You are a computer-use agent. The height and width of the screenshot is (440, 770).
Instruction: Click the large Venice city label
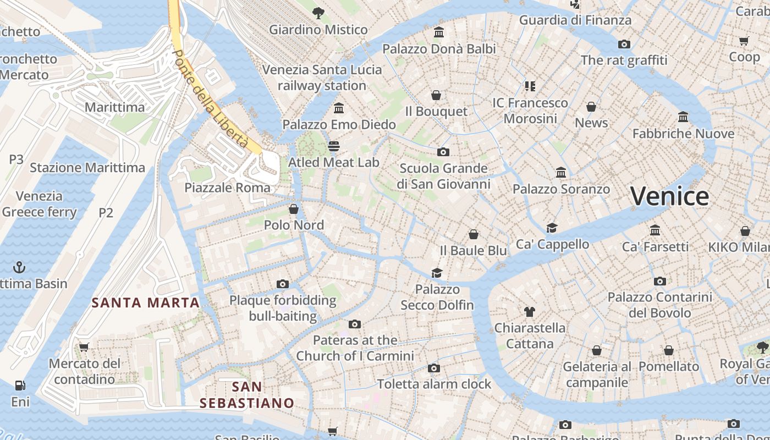click(669, 196)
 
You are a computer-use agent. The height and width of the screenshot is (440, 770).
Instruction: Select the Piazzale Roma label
click(227, 188)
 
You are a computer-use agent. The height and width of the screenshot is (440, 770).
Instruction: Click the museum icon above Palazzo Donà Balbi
click(439, 32)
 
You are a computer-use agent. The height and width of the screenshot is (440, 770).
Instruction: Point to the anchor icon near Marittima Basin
click(19, 267)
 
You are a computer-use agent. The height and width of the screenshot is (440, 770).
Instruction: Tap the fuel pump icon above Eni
click(20, 386)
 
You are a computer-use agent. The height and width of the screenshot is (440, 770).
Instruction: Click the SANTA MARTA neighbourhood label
click(145, 302)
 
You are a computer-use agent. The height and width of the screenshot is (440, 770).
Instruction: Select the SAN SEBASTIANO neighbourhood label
click(246, 395)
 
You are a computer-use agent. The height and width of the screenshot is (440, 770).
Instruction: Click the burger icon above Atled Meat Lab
click(334, 146)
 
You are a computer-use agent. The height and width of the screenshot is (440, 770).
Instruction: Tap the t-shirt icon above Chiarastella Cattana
click(529, 312)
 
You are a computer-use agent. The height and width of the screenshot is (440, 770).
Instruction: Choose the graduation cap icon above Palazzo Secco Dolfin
click(437, 273)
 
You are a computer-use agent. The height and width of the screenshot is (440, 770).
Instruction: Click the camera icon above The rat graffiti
click(624, 44)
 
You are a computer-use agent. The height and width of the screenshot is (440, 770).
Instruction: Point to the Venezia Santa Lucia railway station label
click(322, 78)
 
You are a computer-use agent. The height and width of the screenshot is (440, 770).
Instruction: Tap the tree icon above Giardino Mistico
click(318, 13)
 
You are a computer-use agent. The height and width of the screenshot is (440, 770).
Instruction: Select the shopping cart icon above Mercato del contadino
click(84, 347)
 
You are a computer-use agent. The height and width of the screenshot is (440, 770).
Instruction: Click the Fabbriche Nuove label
click(683, 134)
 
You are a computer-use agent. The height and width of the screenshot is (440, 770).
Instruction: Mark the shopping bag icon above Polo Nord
click(294, 209)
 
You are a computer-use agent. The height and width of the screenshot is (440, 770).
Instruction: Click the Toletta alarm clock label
click(434, 384)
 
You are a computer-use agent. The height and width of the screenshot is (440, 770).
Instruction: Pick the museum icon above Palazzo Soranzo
click(561, 173)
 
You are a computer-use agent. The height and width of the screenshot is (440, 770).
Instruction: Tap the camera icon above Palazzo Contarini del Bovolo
click(659, 281)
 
